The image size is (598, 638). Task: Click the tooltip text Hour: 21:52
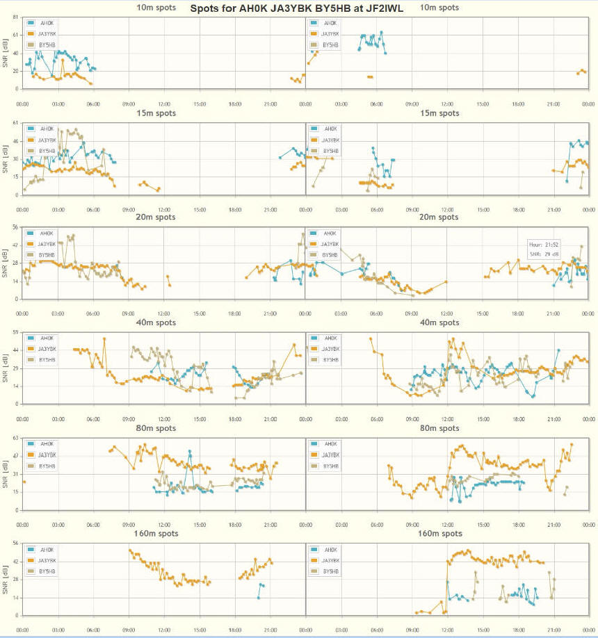[544, 245]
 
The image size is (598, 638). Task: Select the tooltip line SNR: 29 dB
[544, 253]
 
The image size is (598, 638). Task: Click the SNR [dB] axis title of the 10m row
[6, 54]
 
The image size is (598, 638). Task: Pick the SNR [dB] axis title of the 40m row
[6, 370]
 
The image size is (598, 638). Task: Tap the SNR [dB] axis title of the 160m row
[6, 582]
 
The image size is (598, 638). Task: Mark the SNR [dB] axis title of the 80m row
[6, 476]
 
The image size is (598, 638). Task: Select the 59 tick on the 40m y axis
[15, 334]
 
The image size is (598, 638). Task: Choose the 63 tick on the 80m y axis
[15, 440]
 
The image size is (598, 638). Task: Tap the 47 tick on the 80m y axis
[15, 458]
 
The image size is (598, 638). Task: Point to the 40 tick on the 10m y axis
[15, 54]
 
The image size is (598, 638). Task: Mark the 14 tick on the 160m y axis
[15, 598]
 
